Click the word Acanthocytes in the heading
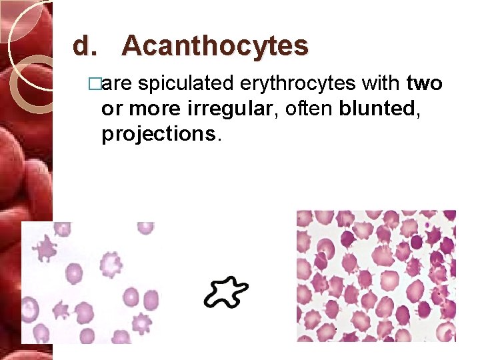[215, 47]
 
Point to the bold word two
[424, 85]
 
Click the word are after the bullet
[119, 85]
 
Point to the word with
[381, 85]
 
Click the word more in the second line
[156, 109]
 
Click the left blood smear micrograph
[90, 283]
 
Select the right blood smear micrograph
[376, 276]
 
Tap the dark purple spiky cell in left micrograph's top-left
[46, 249]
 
